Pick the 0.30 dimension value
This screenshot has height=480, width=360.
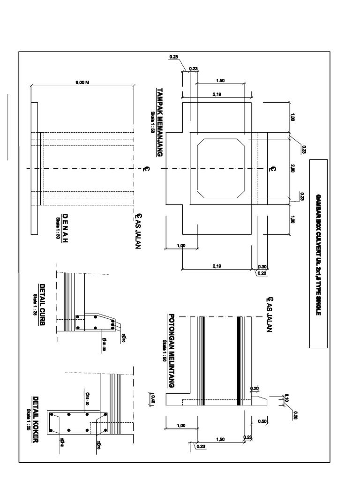pos(262,267)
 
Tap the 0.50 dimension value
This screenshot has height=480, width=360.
pos(262,421)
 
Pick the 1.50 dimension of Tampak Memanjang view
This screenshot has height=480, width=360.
pos(221,81)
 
